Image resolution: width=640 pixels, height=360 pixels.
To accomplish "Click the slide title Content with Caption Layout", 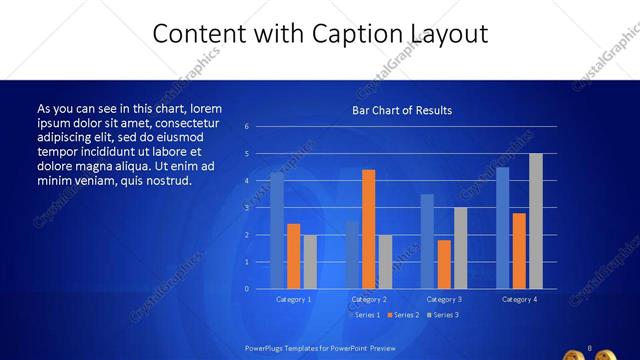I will (x=320, y=34).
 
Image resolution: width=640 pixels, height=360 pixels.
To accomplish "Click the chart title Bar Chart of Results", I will (x=401, y=110).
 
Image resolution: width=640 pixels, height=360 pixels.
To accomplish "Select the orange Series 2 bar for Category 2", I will (x=369, y=229).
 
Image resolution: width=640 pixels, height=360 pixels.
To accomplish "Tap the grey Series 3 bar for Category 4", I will (x=536, y=221).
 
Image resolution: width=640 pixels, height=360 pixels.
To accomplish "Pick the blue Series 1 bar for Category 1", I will (x=277, y=231).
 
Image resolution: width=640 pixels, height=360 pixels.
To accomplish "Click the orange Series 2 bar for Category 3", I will (x=444, y=264).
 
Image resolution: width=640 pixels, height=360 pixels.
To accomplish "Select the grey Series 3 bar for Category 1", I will (x=310, y=261).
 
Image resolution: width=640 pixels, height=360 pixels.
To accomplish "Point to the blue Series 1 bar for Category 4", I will (x=502, y=228).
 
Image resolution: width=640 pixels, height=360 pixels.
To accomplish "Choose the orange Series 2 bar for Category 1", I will (x=294, y=256).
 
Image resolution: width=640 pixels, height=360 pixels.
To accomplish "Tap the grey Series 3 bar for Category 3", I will (x=460, y=248).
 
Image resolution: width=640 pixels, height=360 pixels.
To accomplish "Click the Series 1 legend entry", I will (x=364, y=315).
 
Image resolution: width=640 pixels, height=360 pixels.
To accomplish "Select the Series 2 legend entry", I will (x=401, y=315).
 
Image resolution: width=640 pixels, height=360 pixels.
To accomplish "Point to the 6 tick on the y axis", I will (x=260, y=127).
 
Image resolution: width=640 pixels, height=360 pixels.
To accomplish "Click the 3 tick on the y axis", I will (x=260, y=208).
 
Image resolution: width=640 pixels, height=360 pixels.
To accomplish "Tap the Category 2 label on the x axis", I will (x=369, y=299).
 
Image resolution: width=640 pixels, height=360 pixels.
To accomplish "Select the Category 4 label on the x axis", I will (x=519, y=299).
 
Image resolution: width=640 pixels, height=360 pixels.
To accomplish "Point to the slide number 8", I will (x=591, y=347).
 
